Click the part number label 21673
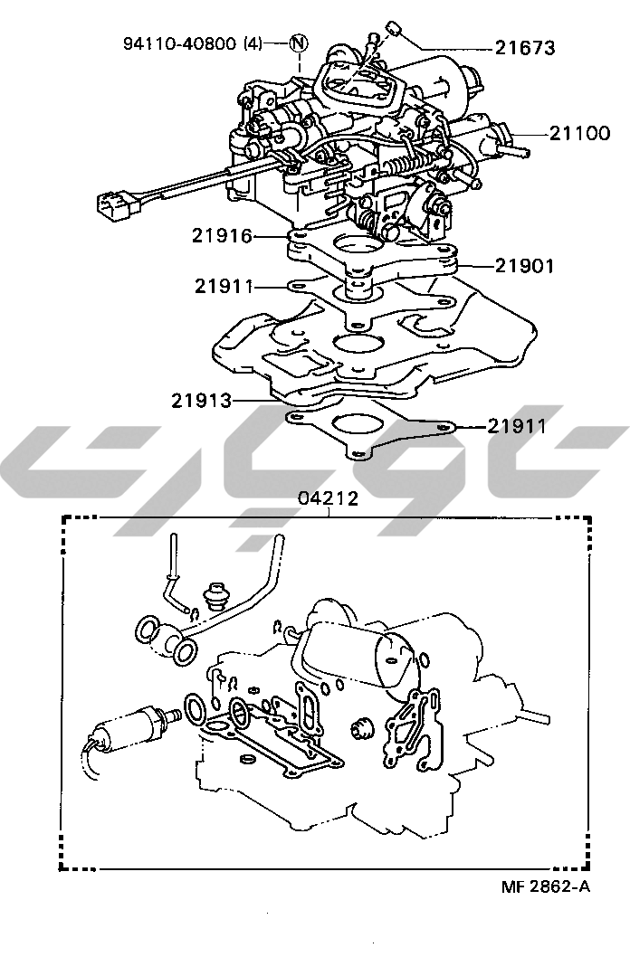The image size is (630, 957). coord(524,48)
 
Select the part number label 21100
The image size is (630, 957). coord(579,133)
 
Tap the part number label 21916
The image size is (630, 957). coord(222,235)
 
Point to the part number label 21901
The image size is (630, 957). coord(524,266)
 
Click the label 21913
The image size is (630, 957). coord(202,401)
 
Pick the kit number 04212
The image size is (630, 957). coord(328,498)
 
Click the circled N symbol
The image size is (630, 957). coord(298,43)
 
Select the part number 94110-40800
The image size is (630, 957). coord(179,43)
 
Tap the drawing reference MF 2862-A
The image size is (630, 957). coord(546,886)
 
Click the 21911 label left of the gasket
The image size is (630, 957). coord(224,286)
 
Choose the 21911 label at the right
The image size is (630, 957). coord(517,425)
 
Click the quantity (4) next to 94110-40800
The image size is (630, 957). coord(252,43)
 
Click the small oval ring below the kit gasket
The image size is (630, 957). coord(248,759)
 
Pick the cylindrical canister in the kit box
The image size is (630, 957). coord(360,652)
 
